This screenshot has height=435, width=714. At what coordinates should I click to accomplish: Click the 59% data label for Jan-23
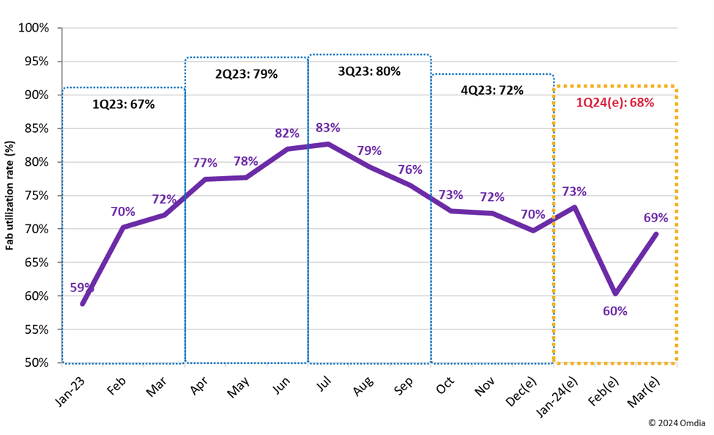coord(82,288)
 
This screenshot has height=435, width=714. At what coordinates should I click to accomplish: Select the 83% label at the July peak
coord(328,128)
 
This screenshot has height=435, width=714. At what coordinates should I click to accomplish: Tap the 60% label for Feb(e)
coord(614,311)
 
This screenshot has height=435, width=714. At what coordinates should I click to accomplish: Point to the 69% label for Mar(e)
coord(655,218)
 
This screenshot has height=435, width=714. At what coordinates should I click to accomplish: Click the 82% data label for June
coord(287,134)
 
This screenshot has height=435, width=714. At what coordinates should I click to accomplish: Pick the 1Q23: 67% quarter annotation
coord(123,104)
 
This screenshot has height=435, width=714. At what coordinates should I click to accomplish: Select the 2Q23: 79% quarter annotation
coord(246,74)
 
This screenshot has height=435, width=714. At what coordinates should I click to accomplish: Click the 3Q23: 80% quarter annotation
coord(369,72)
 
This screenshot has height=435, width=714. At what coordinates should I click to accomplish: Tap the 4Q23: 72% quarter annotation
coord(492,90)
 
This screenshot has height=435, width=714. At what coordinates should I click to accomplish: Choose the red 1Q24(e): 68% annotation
coord(614,103)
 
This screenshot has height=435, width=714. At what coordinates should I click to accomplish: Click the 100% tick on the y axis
coord(33,28)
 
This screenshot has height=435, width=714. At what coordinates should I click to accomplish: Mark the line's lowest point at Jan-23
coord(83,303)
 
